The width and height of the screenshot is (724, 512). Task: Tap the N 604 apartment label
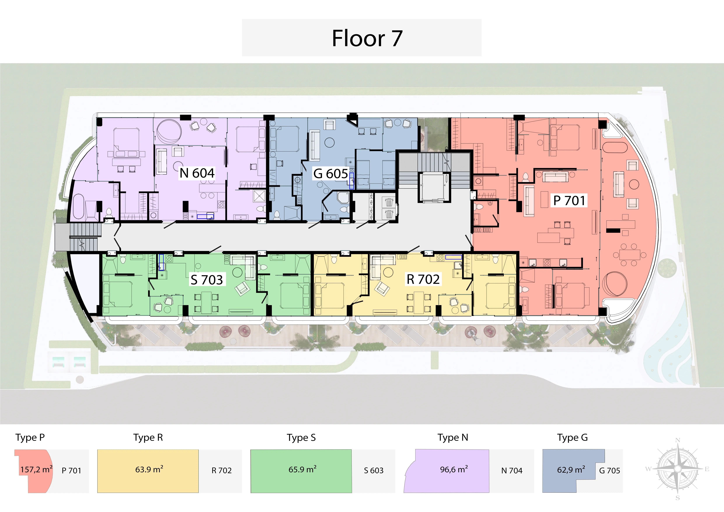point(197,173)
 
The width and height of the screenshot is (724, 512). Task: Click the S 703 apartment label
point(207,280)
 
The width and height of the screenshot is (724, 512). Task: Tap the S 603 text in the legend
point(374,470)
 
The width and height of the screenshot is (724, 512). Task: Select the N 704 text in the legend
point(512,470)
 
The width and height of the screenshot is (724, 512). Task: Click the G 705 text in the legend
point(610,470)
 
